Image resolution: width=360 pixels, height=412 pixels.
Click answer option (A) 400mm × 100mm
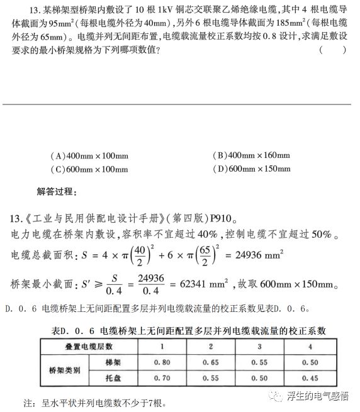tap(89, 155)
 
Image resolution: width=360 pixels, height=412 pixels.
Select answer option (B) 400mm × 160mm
tap(251, 155)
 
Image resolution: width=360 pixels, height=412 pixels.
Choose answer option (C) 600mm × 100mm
tap(89, 169)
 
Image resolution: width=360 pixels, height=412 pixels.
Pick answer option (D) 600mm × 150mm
tap(251, 169)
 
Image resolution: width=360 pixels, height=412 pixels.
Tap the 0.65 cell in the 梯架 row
tap(211, 362)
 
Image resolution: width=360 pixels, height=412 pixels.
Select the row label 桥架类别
tap(62, 370)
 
